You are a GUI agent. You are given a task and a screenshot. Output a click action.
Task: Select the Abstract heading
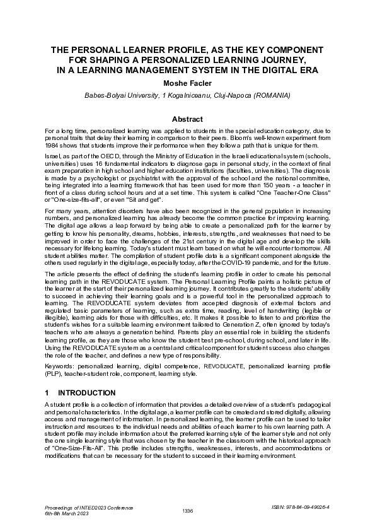click(x=187, y=119)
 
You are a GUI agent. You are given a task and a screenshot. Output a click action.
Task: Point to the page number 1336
click(x=187, y=510)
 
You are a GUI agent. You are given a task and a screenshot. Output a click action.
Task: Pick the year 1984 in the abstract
click(x=52, y=145)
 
